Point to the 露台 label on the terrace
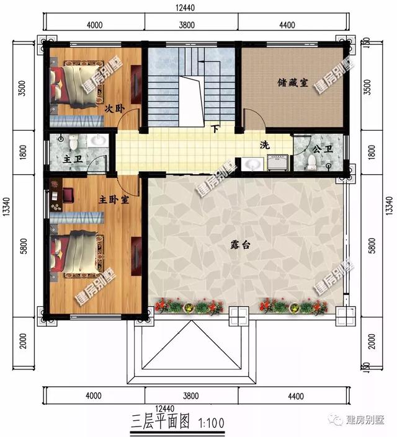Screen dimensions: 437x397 coord(241,245)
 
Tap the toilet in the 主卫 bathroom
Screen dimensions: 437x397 coord(74,143)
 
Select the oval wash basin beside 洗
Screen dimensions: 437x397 coord(252,164)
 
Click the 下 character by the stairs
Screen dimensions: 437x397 coord(215,130)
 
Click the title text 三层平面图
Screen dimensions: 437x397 coord(161,423)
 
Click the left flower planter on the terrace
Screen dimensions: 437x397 coord(190,306)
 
